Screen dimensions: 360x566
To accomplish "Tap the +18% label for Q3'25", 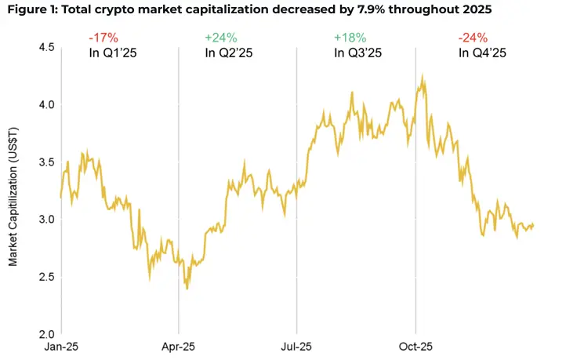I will click(x=348, y=38).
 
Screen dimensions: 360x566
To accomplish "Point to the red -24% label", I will click(x=472, y=38).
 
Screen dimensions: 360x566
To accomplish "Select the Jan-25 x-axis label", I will click(x=62, y=346).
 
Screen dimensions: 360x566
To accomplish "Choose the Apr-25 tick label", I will click(x=179, y=346).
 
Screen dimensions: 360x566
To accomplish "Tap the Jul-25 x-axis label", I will click(x=296, y=346).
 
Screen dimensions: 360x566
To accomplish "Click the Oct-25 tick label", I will click(x=415, y=346).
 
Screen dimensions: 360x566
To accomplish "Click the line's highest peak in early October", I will click(x=423, y=77).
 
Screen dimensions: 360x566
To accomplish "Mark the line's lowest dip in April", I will click(x=187, y=288).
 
